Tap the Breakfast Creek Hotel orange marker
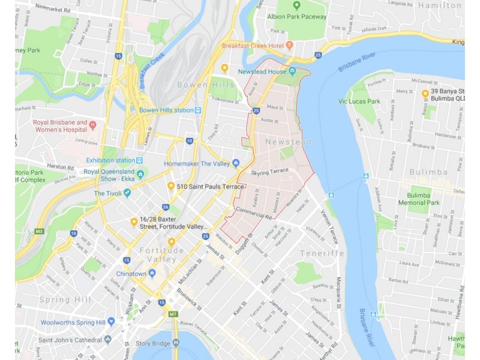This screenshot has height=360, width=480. point(289,46)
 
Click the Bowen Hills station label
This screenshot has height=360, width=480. point(166,110)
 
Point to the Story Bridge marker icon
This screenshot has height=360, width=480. point(176,343)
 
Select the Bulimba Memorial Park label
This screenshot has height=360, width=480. point(419,199)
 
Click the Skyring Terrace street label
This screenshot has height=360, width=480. point(270,172)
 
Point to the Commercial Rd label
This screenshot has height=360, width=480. point(254,211)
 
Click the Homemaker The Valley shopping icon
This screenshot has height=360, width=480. point(236,163)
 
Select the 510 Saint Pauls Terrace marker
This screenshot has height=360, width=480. point(171,187)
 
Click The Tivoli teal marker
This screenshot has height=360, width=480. point(127,193)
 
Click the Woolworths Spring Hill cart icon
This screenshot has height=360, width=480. point(109,322)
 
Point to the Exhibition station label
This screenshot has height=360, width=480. point(110,160)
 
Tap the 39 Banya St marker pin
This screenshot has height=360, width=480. point(425,94)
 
